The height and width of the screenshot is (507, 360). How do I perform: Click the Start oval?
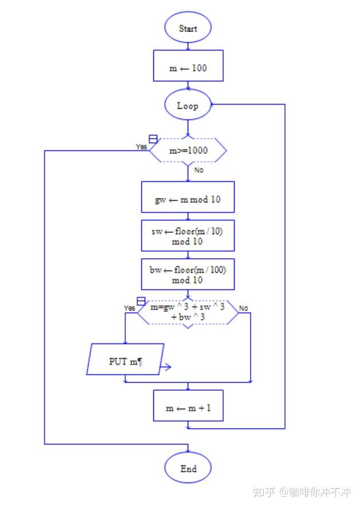(x=188, y=28)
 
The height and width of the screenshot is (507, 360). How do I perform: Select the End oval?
(x=188, y=469)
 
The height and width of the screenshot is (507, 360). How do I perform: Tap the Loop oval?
(x=188, y=105)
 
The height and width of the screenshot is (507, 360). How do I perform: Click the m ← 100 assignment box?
(x=188, y=68)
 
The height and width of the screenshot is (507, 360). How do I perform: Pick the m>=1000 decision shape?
(x=188, y=151)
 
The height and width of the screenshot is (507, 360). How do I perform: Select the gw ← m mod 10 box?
(x=188, y=200)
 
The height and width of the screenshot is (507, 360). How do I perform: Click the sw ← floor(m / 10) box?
(x=188, y=235)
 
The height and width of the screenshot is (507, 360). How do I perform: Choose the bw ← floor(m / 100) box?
(x=188, y=275)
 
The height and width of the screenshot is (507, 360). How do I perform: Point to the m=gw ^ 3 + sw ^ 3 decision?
(x=188, y=312)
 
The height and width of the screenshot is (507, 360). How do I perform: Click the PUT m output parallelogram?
(x=125, y=362)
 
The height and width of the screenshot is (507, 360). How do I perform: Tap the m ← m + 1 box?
(x=188, y=408)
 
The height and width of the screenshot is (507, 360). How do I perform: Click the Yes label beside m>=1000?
(x=141, y=146)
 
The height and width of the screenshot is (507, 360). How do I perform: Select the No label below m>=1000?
(x=199, y=170)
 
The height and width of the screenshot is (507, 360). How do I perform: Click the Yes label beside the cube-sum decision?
(x=129, y=308)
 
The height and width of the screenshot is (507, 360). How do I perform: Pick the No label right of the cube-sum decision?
(x=243, y=308)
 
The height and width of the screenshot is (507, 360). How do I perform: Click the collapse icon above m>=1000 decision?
(x=153, y=139)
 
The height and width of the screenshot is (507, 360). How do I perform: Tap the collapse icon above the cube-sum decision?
(x=141, y=301)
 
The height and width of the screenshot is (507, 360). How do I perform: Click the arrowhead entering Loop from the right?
(x=213, y=105)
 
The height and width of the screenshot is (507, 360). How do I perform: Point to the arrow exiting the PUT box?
(x=165, y=367)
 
